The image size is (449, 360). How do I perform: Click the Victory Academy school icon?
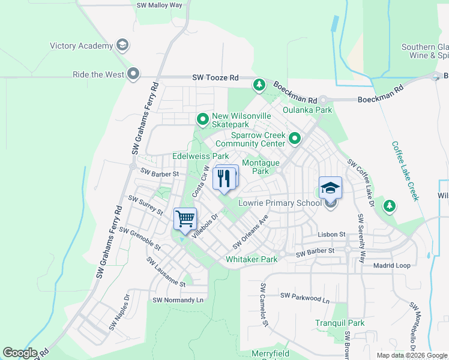pos(122,46)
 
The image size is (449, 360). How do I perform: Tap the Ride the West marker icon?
pos(133,74)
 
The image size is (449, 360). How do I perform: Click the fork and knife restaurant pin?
pos(224,178)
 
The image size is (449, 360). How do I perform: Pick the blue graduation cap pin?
pos(330,188)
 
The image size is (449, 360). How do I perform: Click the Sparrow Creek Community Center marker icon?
pos(295,139)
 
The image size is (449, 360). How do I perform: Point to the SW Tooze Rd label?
pos(215,78)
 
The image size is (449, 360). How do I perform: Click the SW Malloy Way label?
pos(159,5)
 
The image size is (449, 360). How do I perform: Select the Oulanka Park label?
pos(308,110)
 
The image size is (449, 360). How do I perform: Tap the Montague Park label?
pos(261,167)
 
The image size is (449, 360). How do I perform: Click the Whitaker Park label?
pos(252,259)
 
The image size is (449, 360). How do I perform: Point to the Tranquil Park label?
pos(340,323)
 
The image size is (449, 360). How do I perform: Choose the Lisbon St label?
pos(331,235)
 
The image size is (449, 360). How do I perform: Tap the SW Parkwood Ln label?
pos(305,296)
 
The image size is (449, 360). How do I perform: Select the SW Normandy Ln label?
pos(178,300)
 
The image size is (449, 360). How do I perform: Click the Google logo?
pos(20,353)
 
